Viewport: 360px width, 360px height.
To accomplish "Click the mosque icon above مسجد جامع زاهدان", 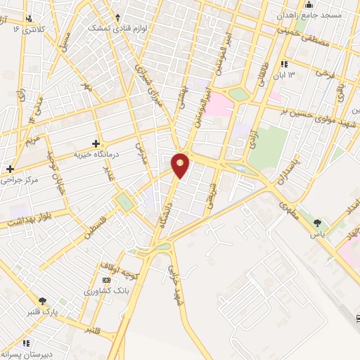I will point(309,4).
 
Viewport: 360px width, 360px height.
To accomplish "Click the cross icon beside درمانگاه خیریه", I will point(96,143).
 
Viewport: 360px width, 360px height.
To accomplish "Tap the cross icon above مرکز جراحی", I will point(10,169).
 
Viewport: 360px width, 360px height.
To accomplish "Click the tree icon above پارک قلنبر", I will point(45,301).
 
